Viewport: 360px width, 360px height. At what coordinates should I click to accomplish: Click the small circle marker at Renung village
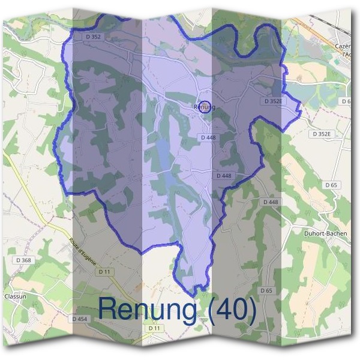point(205,107)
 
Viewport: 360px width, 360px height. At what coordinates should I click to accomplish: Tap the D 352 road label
point(93,37)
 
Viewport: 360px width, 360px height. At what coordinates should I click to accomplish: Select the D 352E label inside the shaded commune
point(272,101)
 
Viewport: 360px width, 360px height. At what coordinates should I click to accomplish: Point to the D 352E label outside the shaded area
point(322,134)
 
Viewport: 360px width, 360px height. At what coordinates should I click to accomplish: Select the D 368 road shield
point(22,260)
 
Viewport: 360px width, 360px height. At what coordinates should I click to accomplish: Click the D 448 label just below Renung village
point(208,137)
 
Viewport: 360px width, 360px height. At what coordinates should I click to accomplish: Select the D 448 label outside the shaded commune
point(271,202)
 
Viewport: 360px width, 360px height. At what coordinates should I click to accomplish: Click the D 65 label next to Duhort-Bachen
point(332,185)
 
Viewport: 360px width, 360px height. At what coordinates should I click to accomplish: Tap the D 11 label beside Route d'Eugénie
point(104,272)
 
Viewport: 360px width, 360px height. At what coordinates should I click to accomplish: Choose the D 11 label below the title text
point(154,329)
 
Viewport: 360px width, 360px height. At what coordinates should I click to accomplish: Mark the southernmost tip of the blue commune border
point(194,295)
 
